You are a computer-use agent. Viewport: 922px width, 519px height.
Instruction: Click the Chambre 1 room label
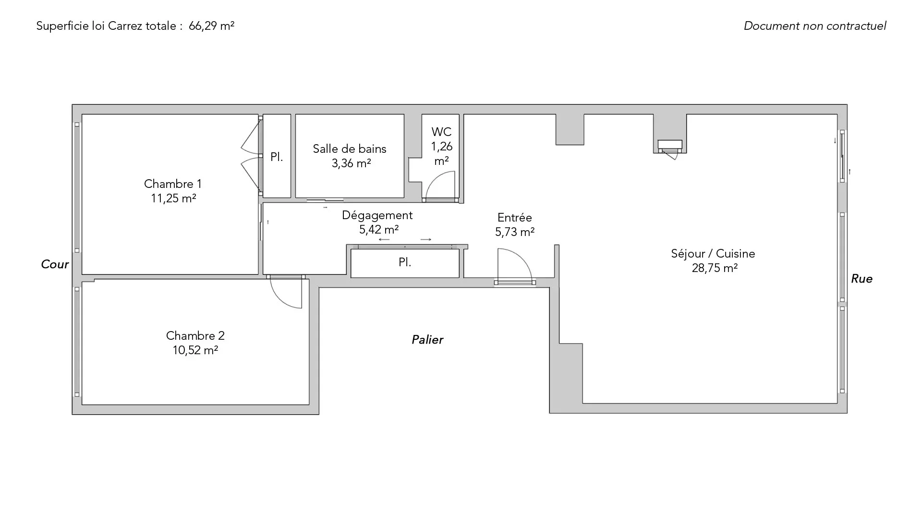point(173,184)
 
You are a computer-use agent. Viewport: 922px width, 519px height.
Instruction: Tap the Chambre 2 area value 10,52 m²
point(195,350)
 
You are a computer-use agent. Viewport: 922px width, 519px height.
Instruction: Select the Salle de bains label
point(350,149)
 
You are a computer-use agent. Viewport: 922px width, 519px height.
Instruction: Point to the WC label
point(441,132)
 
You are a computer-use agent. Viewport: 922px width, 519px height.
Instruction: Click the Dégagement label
point(377,216)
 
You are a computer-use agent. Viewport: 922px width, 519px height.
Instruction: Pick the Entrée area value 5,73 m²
point(515,232)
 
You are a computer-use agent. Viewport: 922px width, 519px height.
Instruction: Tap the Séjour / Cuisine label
point(713,254)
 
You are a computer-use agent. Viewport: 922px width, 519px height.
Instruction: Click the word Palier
point(427,340)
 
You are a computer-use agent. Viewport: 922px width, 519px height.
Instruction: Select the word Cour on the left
point(55,264)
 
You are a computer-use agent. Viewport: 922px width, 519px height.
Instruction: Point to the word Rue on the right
point(861,279)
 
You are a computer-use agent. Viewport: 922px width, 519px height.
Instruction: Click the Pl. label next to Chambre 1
point(277,157)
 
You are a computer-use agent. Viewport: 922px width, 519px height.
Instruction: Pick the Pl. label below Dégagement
point(405,262)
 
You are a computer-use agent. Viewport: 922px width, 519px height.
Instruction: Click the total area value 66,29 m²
point(211,26)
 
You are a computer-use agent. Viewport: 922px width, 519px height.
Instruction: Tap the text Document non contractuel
point(815,26)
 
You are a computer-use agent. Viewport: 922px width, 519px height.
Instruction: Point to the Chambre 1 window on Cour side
point(77,187)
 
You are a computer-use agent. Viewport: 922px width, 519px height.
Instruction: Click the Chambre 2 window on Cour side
point(77,342)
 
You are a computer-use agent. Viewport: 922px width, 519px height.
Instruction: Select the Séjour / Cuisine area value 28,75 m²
point(715,268)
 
